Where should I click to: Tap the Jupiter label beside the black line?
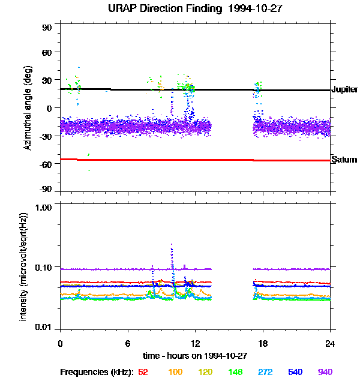click(x=344, y=89)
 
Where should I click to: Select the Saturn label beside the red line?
click(x=344, y=160)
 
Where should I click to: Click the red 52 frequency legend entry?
click(x=143, y=373)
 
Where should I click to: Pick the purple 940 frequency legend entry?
click(x=325, y=373)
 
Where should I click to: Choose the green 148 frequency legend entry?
click(x=236, y=373)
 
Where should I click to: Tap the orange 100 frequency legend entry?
click(x=175, y=373)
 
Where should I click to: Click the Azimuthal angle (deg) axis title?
click(x=28, y=109)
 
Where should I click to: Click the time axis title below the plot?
click(x=195, y=355)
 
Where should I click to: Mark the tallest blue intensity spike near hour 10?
click(x=172, y=245)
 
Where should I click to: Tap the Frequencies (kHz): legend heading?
click(x=97, y=373)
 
